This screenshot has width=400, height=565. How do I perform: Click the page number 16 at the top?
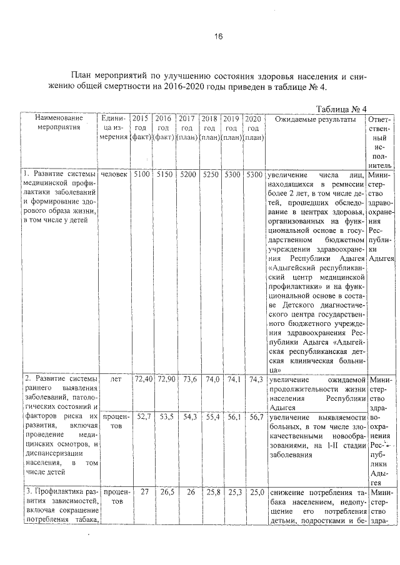(x=218, y=36)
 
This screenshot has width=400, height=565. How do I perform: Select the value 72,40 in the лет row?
(x=141, y=379)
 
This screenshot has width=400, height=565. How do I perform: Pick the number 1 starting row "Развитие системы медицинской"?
(x=26, y=174)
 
